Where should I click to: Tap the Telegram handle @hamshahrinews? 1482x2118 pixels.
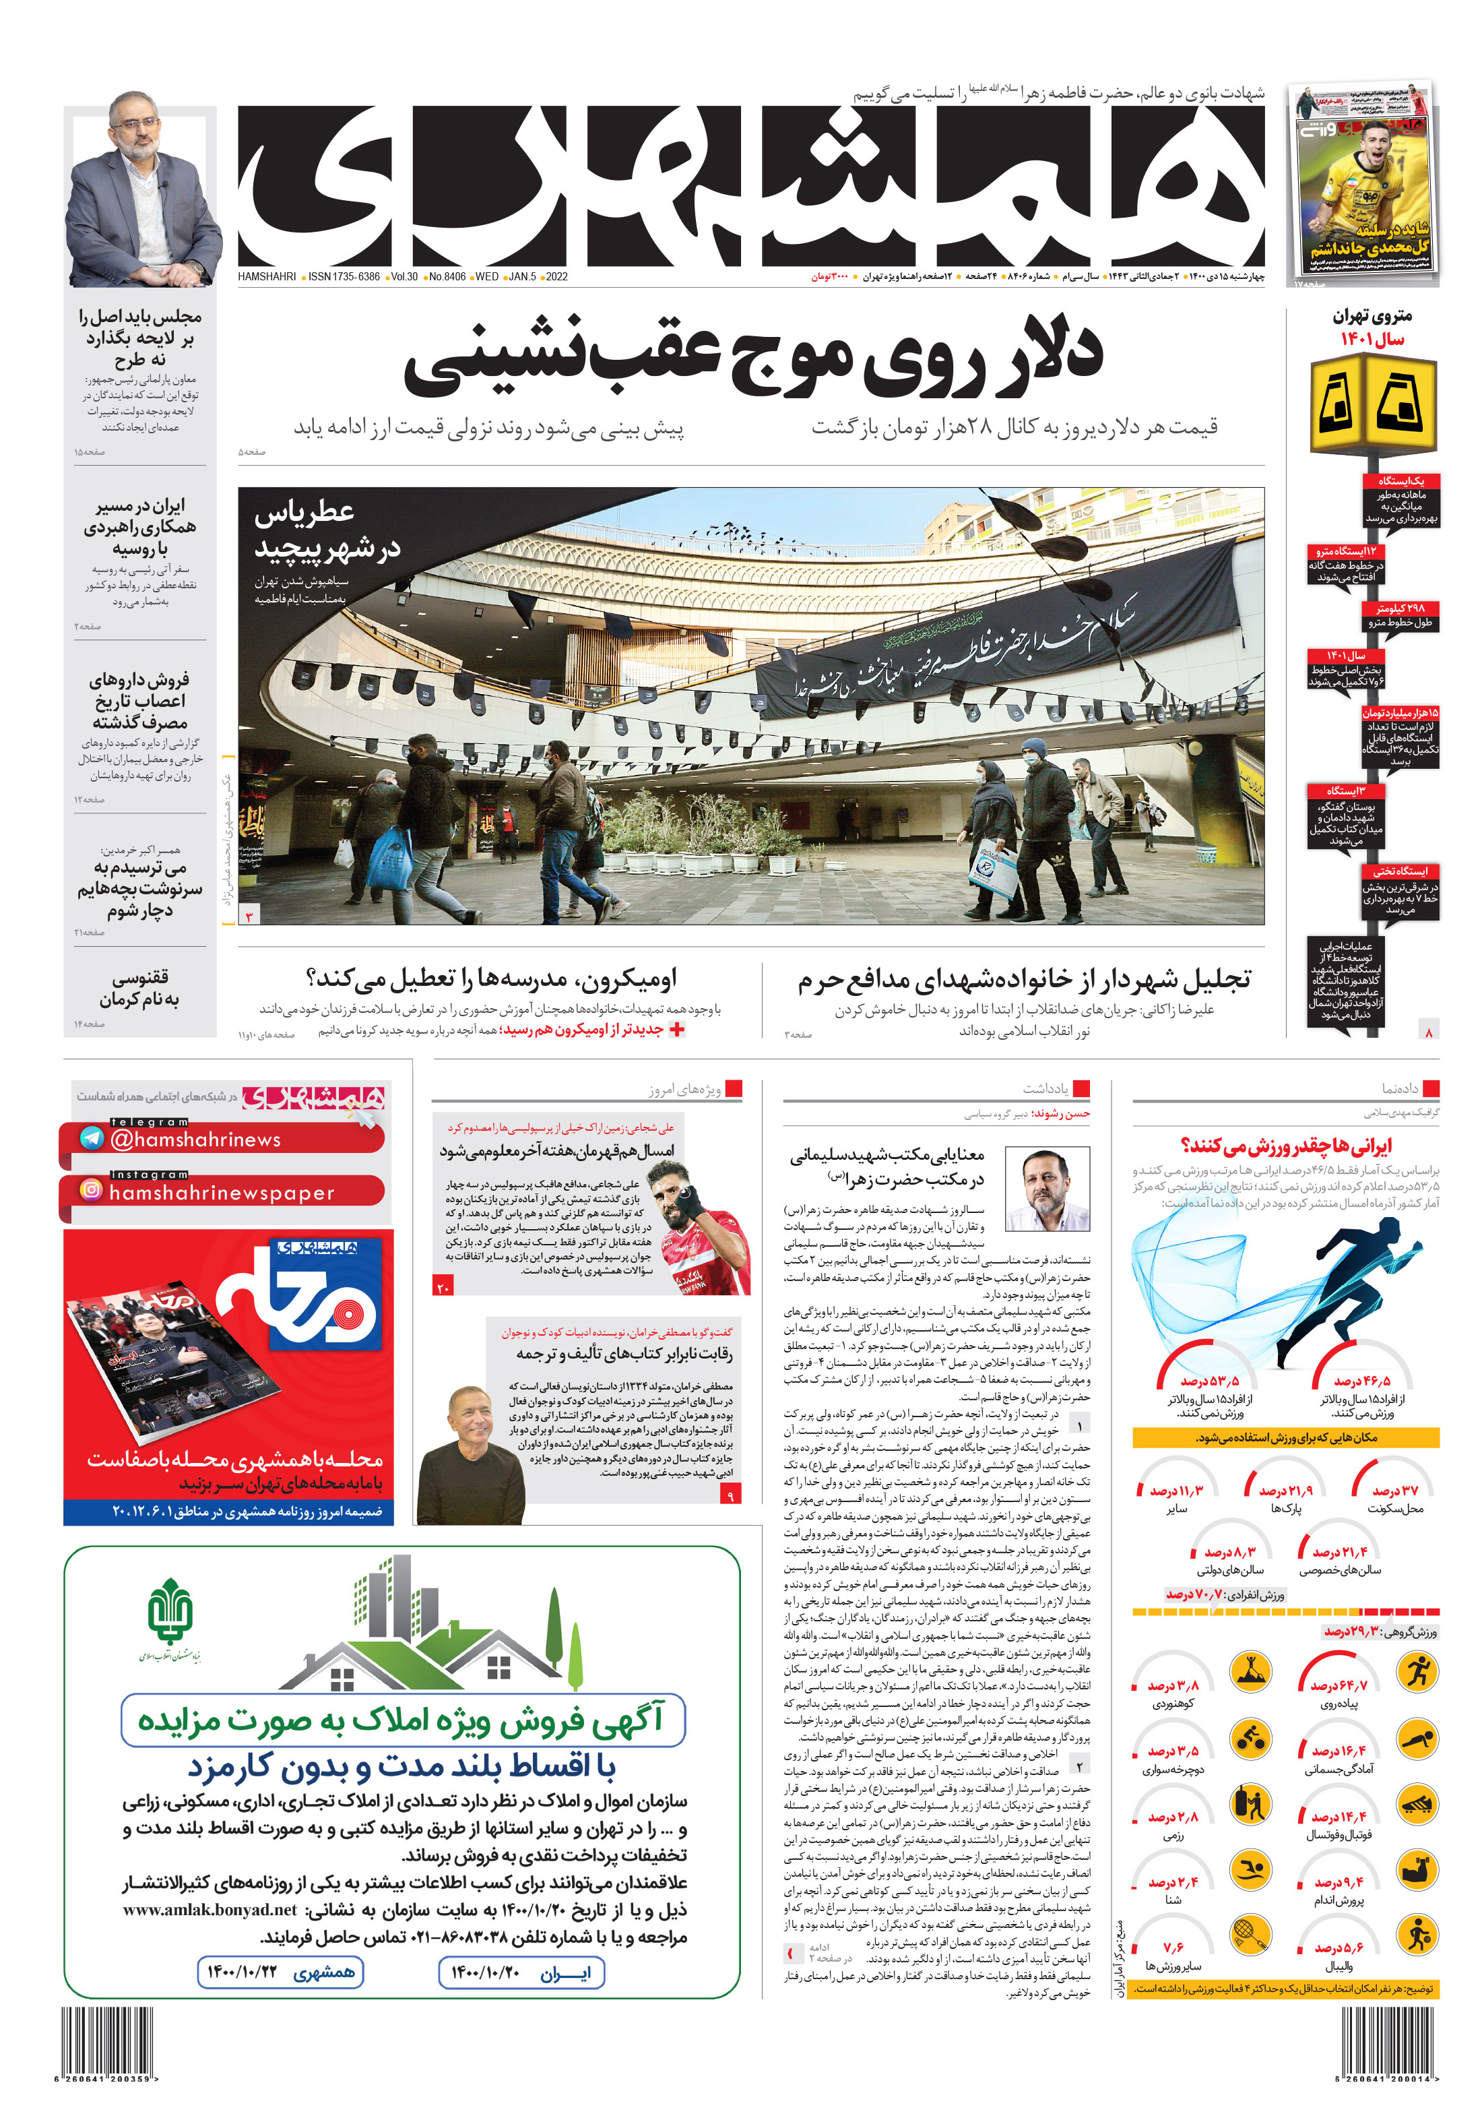coord(195,1140)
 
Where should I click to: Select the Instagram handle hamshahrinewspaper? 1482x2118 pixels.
coord(222,1193)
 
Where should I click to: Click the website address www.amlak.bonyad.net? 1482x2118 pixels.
coord(210,1910)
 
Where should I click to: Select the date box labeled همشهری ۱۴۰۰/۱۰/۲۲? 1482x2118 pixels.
coord(280,1973)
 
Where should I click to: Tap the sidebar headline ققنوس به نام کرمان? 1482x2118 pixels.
coord(139,988)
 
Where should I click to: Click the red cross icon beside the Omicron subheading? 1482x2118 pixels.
coord(677,1030)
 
